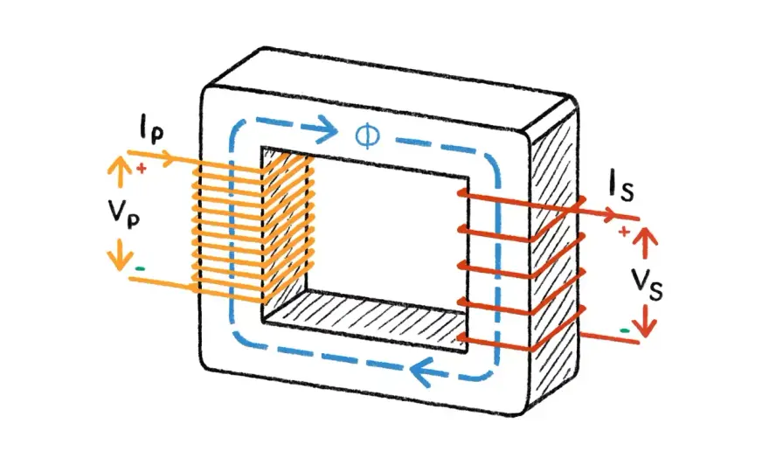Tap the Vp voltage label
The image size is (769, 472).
click(x=123, y=213)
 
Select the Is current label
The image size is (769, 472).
click(x=621, y=185)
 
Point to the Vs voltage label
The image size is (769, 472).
click(x=647, y=285)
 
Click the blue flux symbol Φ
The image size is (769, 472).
click(x=367, y=135)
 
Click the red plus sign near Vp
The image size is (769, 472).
click(x=142, y=169)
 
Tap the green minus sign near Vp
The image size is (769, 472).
click(x=141, y=268)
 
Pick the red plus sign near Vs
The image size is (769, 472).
click(x=624, y=231)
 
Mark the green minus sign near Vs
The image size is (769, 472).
click(x=624, y=330)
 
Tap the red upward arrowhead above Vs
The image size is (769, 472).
click(x=645, y=237)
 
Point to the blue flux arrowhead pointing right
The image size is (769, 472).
click(x=328, y=129)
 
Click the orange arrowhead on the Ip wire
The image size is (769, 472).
click(x=167, y=158)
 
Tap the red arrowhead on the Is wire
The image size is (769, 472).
click(x=610, y=214)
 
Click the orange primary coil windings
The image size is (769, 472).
click(x=253, y=228)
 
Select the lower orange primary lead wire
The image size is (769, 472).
click(x=162, y=283)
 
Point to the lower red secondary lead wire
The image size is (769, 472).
click(x=610, y=337)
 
